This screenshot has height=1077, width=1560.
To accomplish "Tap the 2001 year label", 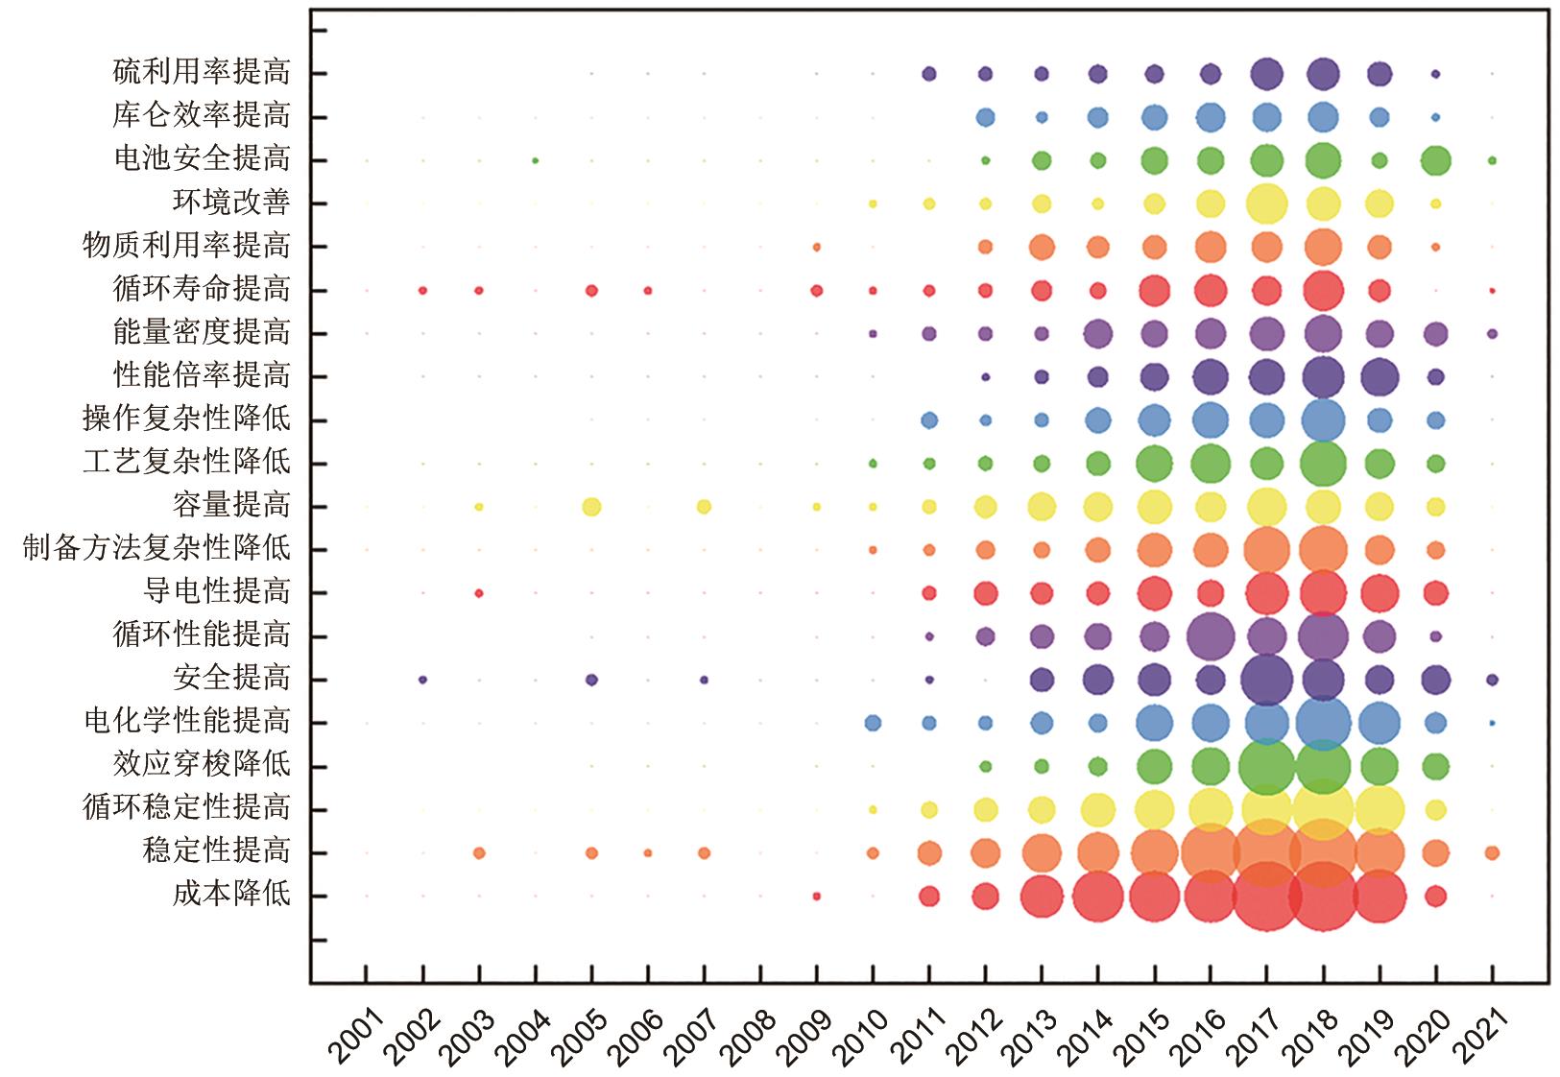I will (354, 1037).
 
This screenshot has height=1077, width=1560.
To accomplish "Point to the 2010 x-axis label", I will (860, 1037).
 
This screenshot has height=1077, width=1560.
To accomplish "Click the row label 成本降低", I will (231, 895).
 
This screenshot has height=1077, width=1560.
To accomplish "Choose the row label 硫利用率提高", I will (202, 73).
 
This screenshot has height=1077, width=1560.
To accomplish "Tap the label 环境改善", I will (231, 203).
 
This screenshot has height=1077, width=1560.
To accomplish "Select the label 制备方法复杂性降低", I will (156, 549).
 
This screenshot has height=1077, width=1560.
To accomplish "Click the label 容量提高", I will (231, 506).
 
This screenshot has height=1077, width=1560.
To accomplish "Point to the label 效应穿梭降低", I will (202, 765).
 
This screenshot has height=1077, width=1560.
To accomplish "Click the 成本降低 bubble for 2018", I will (1323, 896).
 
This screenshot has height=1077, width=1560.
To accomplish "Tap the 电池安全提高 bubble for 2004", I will (535, 160).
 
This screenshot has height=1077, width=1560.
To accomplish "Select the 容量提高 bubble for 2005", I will (591, 506).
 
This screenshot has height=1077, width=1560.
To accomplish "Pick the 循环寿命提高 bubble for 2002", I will (422, 290).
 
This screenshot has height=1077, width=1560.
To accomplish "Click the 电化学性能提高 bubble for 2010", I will (873, 723).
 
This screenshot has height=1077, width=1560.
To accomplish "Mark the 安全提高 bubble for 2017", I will (1266, 680).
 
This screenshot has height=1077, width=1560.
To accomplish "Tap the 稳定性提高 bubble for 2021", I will (1492, 852).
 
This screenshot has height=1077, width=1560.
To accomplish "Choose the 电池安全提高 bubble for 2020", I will (1435, 160).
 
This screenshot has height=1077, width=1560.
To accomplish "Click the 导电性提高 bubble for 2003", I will (479, 593).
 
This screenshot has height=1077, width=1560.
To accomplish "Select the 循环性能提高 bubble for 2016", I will (1211, 635).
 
